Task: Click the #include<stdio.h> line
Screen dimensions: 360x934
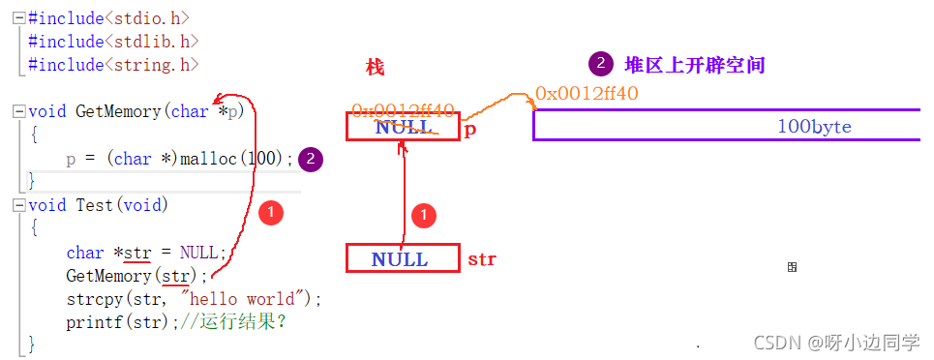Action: pyautogui.click(x=108, y=17)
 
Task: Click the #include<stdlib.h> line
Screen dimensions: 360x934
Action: pyautogui.click(x=113, y=41)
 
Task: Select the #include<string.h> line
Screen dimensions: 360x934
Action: pyautogui.click(x=113, y=65)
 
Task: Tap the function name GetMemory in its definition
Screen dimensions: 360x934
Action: pyautogui.click(x=118, y=111)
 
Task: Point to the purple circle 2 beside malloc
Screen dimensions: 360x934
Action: pyautogui.click(x=311, y=160)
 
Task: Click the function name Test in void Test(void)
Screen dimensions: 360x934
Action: pyautogui.click(x=95, y=205)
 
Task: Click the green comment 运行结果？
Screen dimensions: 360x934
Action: pyautogui.click(x=243, y=322)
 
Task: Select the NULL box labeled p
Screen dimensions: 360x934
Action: pyautogui.click(x=403, y=127)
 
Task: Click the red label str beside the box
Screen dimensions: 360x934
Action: pyautogui.click(x=482, y=259)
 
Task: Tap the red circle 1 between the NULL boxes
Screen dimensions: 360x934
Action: pyautogui.click(x=423, y=215)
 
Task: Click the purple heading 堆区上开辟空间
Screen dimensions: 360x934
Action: pyautogui.click(x=694, y=66)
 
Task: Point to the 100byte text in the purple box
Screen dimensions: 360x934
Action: pyautogui.click(x=814, y=127)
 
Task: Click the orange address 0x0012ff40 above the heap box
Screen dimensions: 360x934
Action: pyautogui.click(x=587, y=94)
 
